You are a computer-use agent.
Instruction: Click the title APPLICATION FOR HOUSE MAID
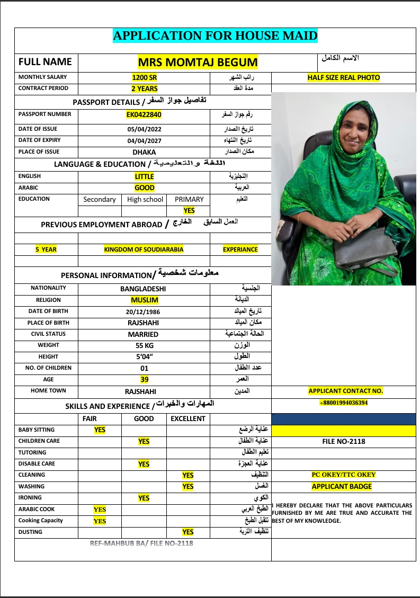pos(215,36)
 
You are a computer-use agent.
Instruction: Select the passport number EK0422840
pos(144,114)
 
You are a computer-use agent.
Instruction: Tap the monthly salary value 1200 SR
pos(144,77)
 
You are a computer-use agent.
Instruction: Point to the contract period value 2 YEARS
pos(144,88)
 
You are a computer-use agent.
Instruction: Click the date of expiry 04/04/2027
pos(144,141)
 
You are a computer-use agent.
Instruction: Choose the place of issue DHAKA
pos(144,152)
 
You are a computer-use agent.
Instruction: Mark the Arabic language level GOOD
pos(144,188)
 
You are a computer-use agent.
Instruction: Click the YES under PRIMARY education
pos(189,210)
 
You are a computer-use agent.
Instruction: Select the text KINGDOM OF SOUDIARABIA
pos(144,249)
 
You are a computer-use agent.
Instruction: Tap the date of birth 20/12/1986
pos(144,311)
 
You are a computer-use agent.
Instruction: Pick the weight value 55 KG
pos(144,345)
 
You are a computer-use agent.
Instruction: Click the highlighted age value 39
pos(144,379)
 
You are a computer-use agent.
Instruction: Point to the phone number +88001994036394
pos(343,403)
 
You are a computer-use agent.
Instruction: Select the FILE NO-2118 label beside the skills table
pos(343,441)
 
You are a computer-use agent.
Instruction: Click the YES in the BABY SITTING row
pos(100,430)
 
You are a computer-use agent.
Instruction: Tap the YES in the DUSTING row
pos(187,532)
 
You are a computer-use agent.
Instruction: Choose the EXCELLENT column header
pos(187,418)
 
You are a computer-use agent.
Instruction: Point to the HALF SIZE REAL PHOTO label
pos(343,77)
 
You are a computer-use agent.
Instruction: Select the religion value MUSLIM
pos(144,300)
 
